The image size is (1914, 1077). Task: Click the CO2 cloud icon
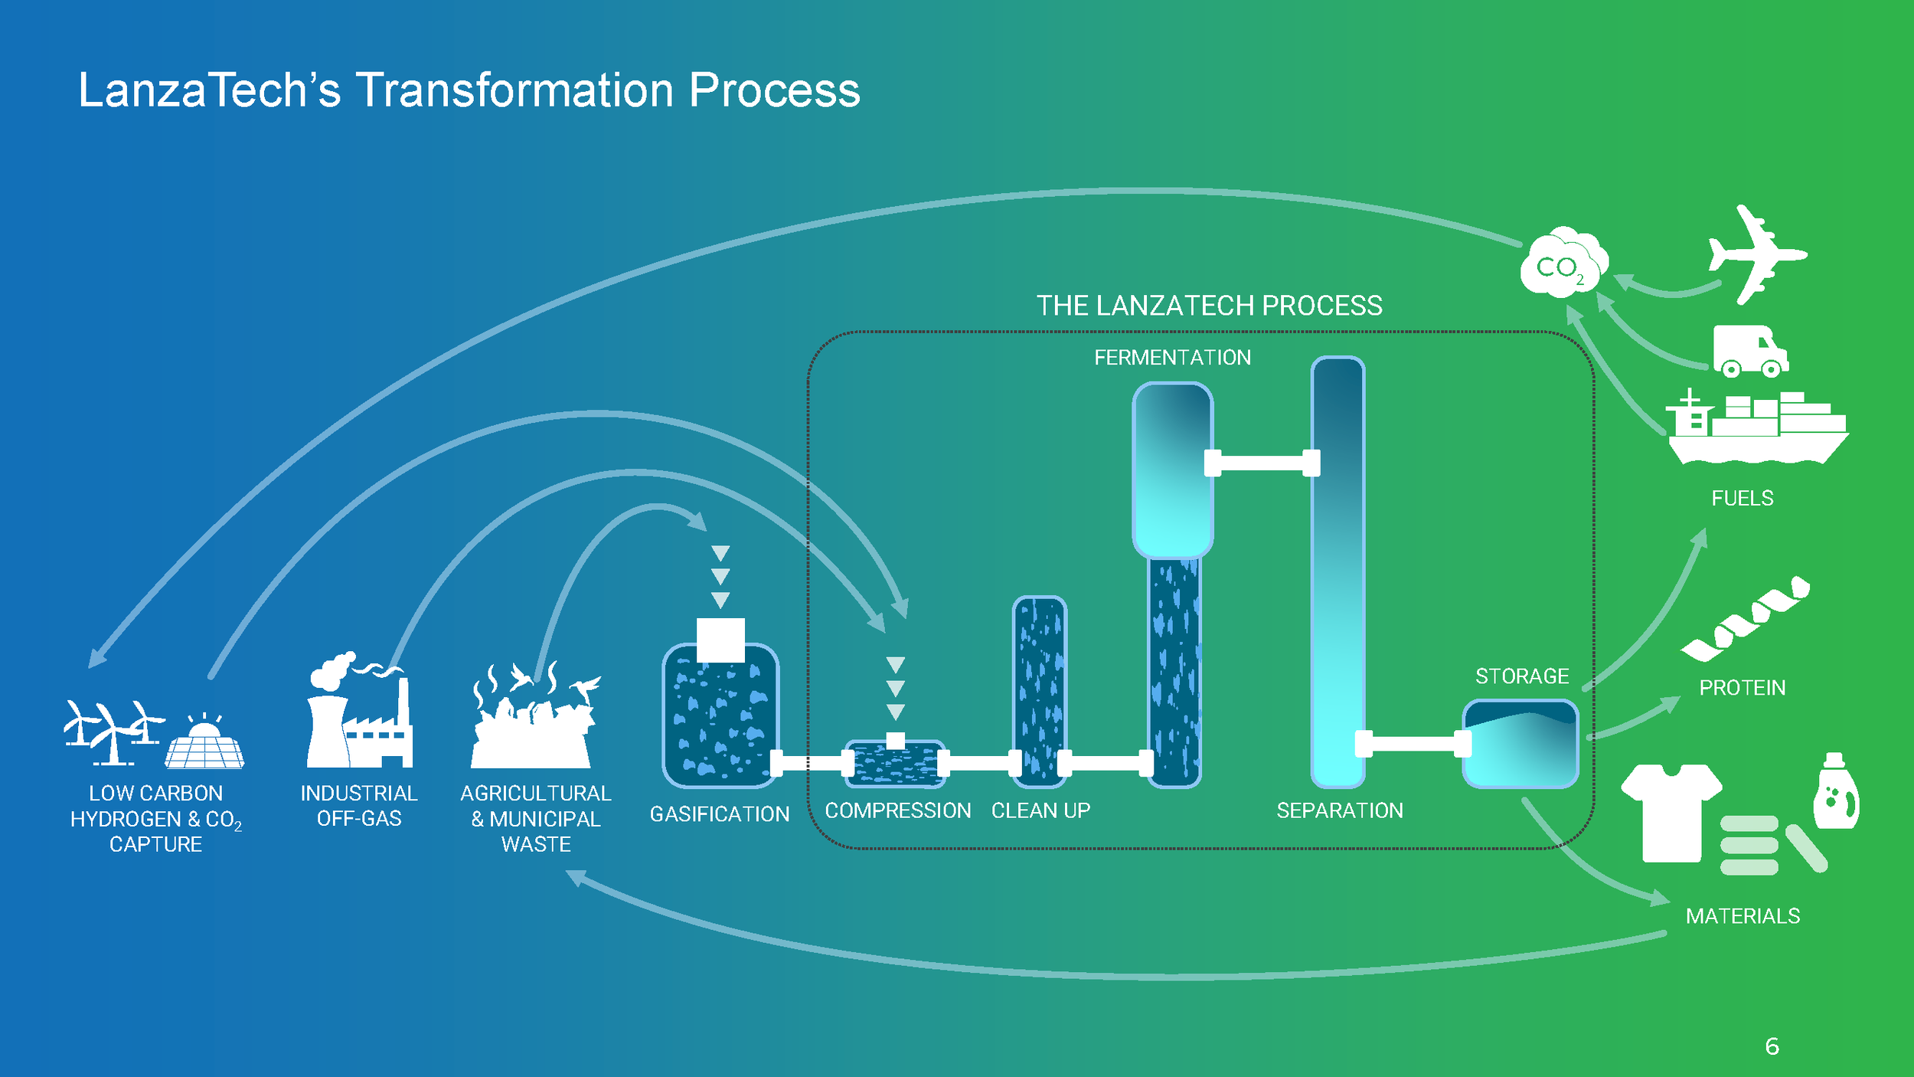(x=1564, y=261)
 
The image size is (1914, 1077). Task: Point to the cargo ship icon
(x=1758, y=427)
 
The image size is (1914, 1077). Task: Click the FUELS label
(x=1743, y=498)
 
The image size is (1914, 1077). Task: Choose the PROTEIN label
(x=1743, y=688)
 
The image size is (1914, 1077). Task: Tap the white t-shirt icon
(x=1671, y=813)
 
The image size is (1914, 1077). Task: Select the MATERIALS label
(x=1743, y=916)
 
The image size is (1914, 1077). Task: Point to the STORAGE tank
(x=1520, y=743)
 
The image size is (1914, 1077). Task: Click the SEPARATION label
(x=1340, y=810)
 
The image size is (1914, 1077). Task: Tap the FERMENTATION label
(x=1172, y=358)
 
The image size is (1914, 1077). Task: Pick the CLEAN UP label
(x=1040, y=810)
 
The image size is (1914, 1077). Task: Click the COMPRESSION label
(x=898, y=810)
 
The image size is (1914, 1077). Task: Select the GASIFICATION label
(x=720, y=813)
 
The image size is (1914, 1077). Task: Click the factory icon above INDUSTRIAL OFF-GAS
(x=359, y=709)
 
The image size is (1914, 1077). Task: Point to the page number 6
(x=1772, y=1046)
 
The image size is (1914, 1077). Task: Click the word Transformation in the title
(x=514, y=90)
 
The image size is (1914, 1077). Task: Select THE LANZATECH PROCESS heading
(x=1210, y=306)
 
